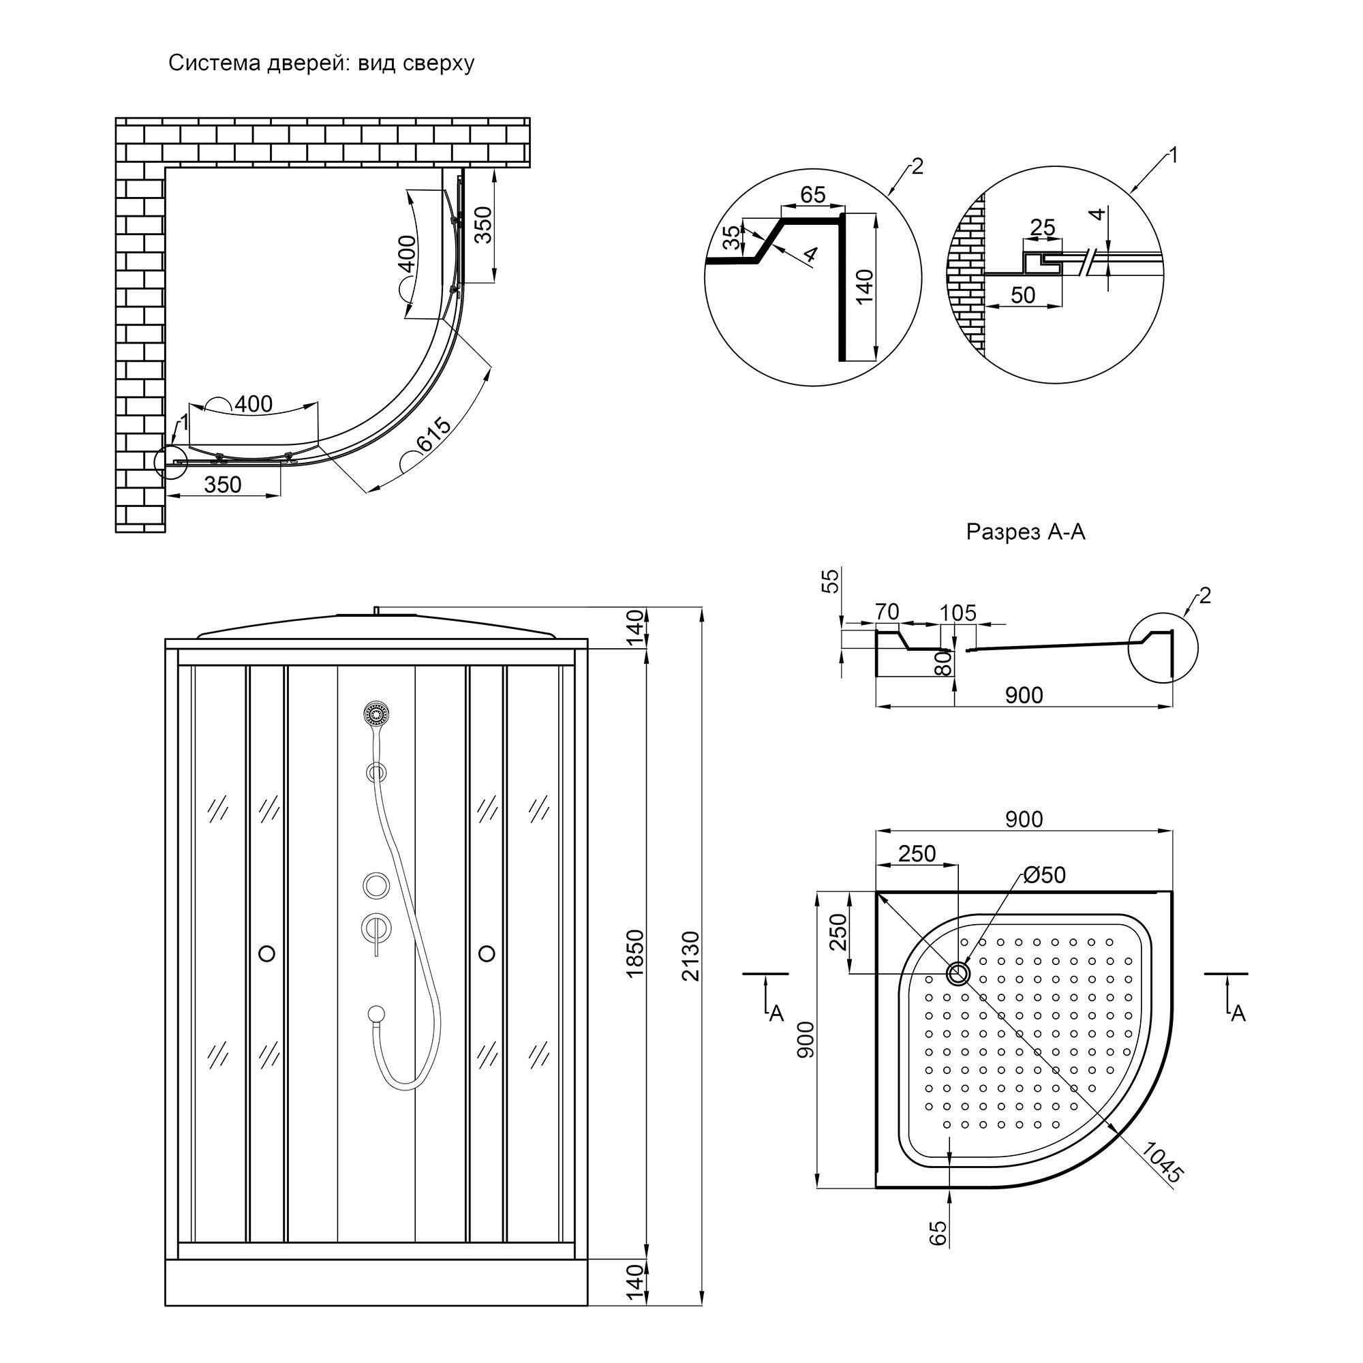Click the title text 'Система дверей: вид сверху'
[321, 63]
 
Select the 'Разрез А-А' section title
[1025, 532]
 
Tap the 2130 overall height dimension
[691, 956]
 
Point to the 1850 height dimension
[636, 954]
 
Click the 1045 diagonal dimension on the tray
[1161, 1163]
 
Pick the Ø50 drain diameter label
[1044, 876]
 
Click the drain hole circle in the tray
[958, 974]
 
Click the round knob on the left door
[266, 954]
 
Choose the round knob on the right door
[486, 954]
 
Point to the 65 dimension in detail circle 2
[813, 195]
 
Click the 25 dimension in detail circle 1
[1042, 227]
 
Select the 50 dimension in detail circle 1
[1023, 295]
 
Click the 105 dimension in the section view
[958, 613]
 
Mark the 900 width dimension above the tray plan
[1024, 819]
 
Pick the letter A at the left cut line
[776, 1014]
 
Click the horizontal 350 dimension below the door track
[222, 485]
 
